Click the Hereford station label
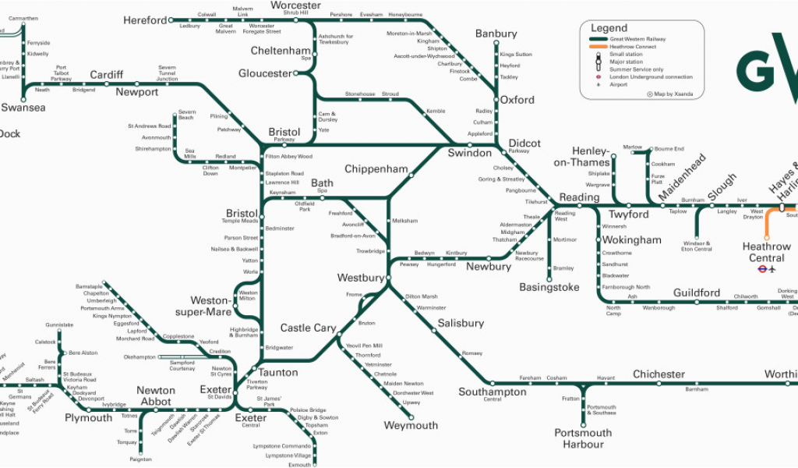pos(145,20)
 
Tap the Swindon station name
pos(469,153)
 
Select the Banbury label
pos(496,34)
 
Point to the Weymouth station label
pos(411,426)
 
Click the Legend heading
pos(609,28)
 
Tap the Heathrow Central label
pos(766,252)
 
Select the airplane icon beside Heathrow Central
pos(772,270)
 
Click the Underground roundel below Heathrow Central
pos(761,270)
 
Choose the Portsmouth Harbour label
pos(584,438)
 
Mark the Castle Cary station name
pos(308,328)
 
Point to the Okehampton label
pos(140,357)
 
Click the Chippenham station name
pos(376,169)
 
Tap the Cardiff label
pos(106,75)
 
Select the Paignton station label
pos(140,459)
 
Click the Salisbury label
pos(461,323)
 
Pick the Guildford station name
pos(697,292)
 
